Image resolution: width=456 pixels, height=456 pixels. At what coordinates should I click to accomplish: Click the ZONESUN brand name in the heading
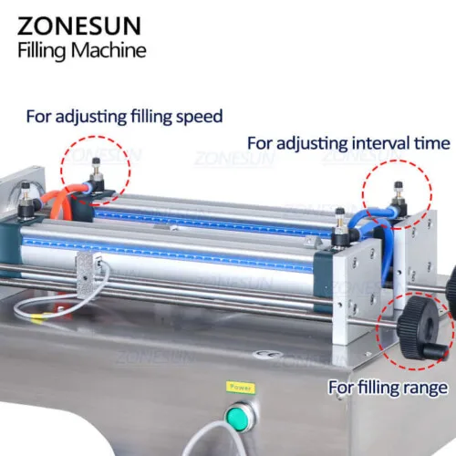pos(79,26)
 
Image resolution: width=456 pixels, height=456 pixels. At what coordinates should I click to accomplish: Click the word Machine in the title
pos(109,50)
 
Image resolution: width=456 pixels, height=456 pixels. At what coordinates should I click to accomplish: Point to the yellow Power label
pos(241,388)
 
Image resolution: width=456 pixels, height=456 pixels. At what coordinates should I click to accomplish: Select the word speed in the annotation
pos(199,117)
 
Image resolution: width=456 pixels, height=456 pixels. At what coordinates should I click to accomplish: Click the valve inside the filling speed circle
pos(97,178)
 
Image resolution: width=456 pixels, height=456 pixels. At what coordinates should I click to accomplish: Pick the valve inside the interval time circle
pos(399,198)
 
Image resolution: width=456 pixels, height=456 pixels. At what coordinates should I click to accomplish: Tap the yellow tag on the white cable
pos(37,317)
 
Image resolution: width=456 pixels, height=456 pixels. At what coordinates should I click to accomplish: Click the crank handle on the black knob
pos(435,353)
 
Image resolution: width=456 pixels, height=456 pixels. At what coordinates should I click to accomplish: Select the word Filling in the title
pos(41,51)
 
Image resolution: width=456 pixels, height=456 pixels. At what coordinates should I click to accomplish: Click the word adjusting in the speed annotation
pos(91,118)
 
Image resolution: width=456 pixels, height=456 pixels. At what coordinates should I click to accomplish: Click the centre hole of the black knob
pos(430,326)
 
